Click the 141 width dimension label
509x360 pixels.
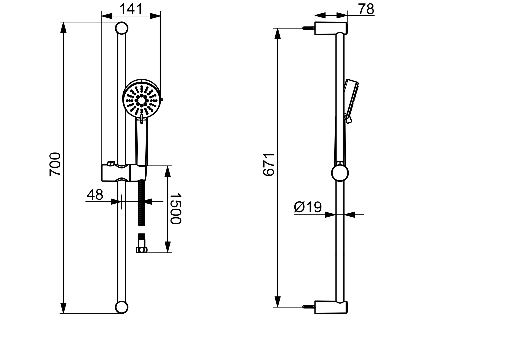coord(131,9)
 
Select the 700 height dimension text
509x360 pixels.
coord(55,164)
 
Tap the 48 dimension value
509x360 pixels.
coord(95,195)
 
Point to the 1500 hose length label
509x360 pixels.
coord(175,208)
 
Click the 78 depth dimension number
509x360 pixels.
coord(366,9)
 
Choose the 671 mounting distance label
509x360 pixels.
coord(269,165)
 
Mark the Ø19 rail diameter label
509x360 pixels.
coord(308,207)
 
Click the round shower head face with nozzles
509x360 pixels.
coord(142,99)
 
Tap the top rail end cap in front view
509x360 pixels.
coord(122,28)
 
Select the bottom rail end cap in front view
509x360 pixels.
coord(122,307)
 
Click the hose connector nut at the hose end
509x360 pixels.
coord(142,250)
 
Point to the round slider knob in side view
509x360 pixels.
coord(340,173)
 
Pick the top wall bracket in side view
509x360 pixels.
coord(331,28)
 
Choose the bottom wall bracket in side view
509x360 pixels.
coord(331,307)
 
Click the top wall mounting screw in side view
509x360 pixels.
coord(308,28)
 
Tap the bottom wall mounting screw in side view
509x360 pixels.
coord(308,307)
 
